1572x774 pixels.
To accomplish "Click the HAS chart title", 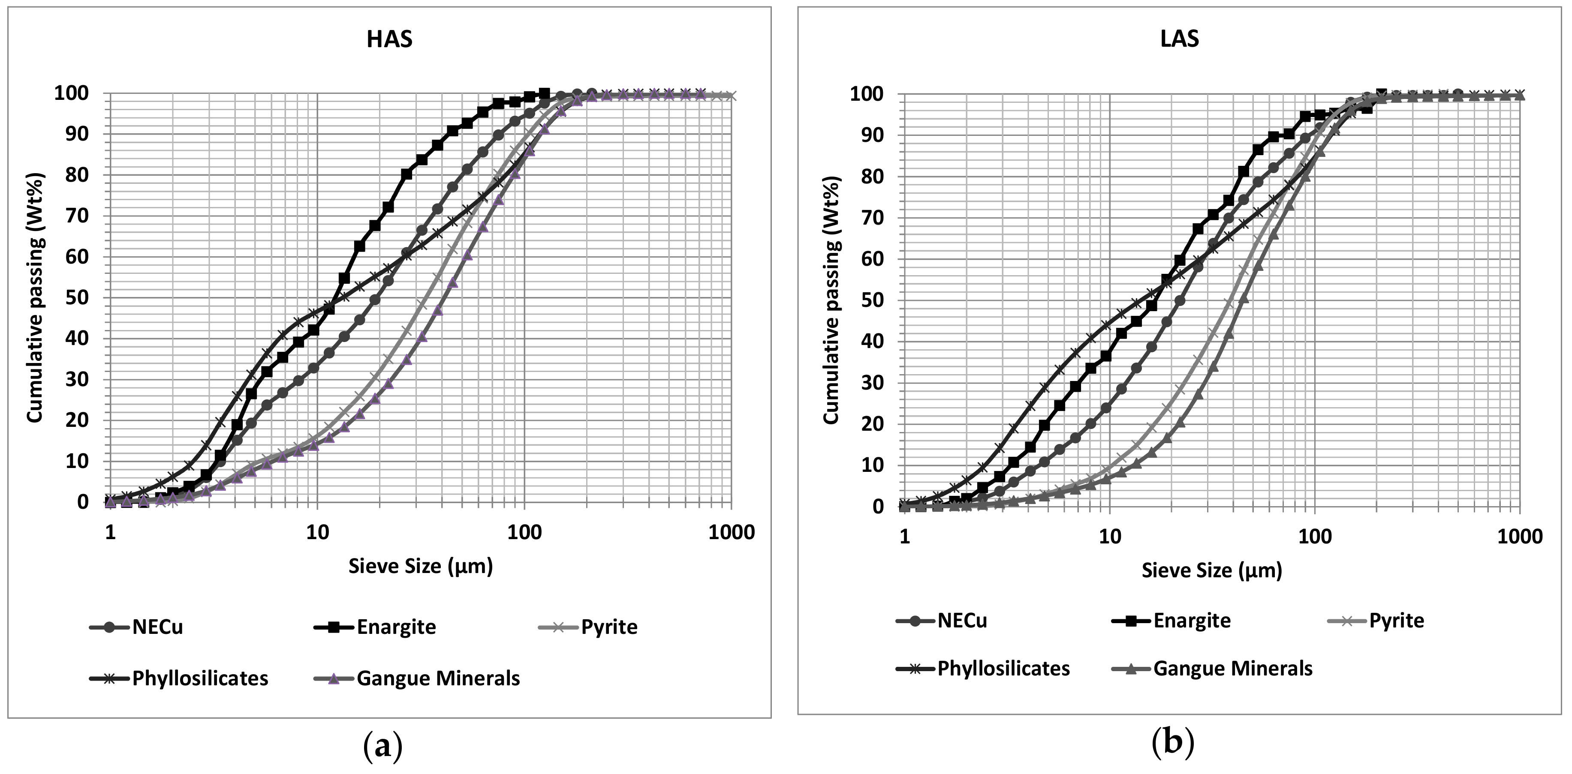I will pyautogui.click(x=389, y=39).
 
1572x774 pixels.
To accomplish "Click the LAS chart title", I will pyautogui.click(x=1179, y=39).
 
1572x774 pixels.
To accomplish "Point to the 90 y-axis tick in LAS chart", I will pyautogui.click(x=873, y=135).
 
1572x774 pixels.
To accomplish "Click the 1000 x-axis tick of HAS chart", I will pyautogui.click(x=731, y=532).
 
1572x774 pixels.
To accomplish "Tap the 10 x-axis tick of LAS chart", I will pyautogui.click(x=1109, y=537).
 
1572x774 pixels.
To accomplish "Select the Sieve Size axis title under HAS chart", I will pyautogui.click(x=421, y=567).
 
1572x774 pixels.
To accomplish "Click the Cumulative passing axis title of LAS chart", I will pyautogui.click(x=831, y=300).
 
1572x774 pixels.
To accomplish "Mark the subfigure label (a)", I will pyautogui.click(x=382, y=745).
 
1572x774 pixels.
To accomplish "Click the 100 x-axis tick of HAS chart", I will pyautogui.click(x=524, y=532).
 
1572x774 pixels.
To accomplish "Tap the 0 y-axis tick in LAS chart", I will pyautogui.click(x=878, y=506).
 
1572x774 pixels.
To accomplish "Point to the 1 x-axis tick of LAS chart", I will pyautogui.click(x=904, y=537).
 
